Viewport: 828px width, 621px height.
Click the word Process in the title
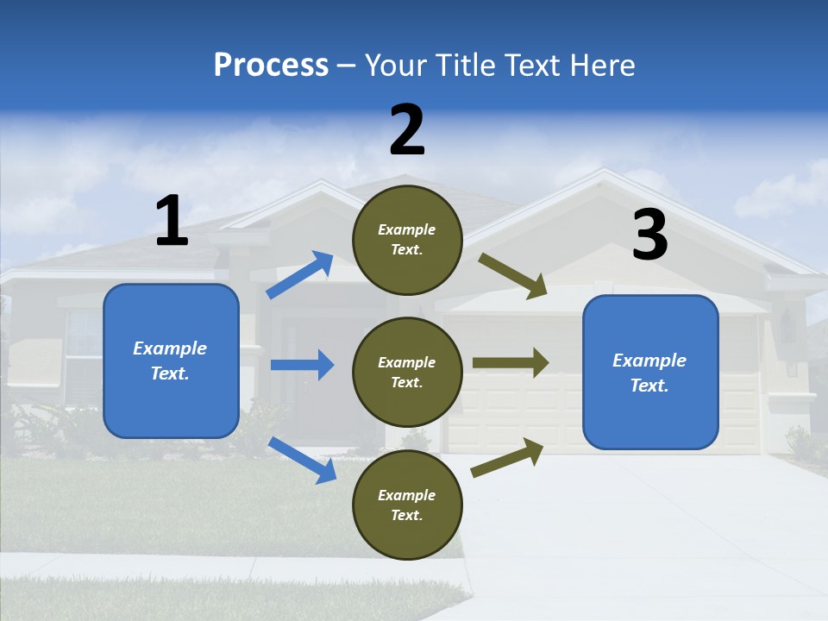[271, 66]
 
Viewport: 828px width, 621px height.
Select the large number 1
[172, 221]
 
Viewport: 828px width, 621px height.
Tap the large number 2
[407, 130]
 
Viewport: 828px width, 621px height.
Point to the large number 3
[649, 235]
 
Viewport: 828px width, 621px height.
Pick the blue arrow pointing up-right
[300, 274]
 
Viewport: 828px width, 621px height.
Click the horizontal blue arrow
[302, 365]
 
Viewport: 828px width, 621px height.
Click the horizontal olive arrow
[510, 363]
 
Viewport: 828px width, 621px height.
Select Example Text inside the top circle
[407, 240]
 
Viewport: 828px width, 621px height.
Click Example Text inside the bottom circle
[407, 505]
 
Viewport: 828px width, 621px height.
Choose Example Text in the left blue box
[170, 361]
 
